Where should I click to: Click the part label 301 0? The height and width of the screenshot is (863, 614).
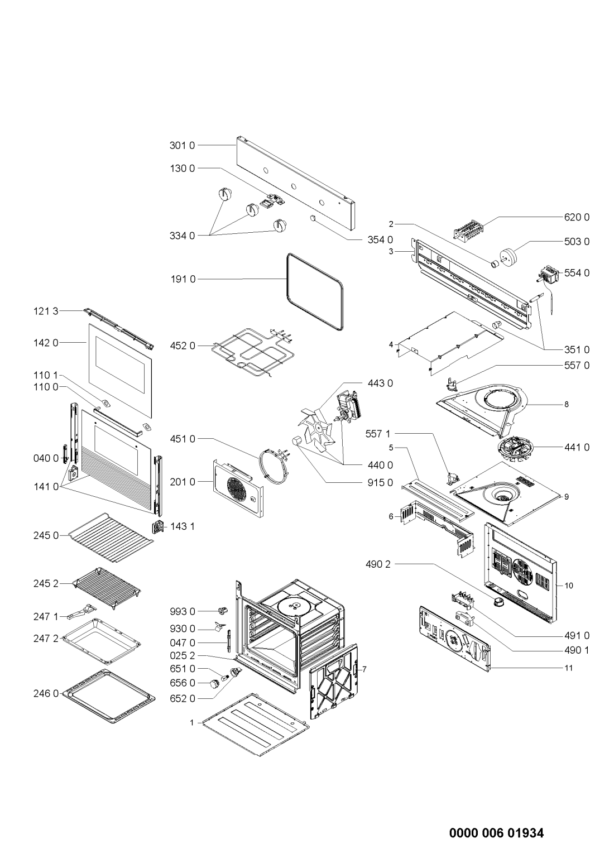point(182,146)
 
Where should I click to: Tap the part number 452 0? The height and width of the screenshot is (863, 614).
point(182,346)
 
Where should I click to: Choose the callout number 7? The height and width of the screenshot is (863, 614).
point(364,669)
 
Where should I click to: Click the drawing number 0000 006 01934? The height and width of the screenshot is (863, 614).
point(496,818)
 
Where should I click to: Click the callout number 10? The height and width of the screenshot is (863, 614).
point(569,586)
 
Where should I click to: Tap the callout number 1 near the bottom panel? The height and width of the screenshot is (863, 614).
point(191,722)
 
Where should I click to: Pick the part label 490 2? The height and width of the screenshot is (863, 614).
point(381,564)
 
